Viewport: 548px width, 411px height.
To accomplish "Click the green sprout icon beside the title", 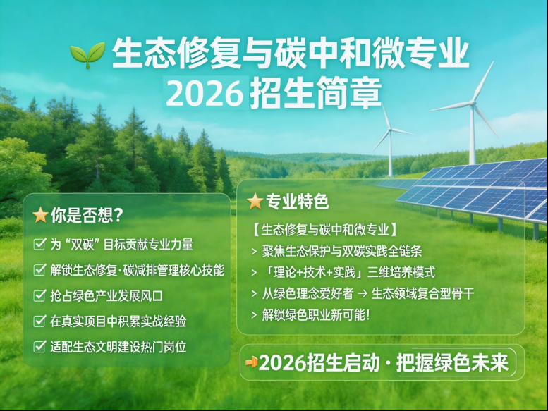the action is [87, 55].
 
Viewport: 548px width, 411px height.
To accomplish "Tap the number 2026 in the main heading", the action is [205, 93].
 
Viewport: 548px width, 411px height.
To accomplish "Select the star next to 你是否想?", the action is [40, 215].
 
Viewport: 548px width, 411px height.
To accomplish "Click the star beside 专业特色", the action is [255, 201].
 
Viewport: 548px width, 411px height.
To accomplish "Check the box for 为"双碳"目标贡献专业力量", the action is [39, 244].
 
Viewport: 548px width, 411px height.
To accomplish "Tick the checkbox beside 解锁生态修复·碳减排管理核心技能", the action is [39, 269].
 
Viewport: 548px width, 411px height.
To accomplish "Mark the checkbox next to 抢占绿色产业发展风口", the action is [39, 295].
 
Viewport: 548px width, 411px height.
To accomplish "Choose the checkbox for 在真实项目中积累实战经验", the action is [39, 321].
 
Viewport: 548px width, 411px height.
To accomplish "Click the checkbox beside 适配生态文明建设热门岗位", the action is [39, 346].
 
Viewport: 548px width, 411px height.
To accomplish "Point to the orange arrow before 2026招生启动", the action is [252, 362].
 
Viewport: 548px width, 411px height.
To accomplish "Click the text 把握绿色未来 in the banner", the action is [452, 363].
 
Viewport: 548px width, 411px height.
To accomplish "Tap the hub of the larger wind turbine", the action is [473, 103].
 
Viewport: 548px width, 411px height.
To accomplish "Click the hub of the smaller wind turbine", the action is [390, 130].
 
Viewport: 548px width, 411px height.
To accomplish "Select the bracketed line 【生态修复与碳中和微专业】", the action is [325, 230].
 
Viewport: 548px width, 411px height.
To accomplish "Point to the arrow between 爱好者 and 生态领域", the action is [363, 293].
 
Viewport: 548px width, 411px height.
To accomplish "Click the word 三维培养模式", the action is [401, 272].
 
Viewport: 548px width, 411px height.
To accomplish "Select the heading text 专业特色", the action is [298, 202].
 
